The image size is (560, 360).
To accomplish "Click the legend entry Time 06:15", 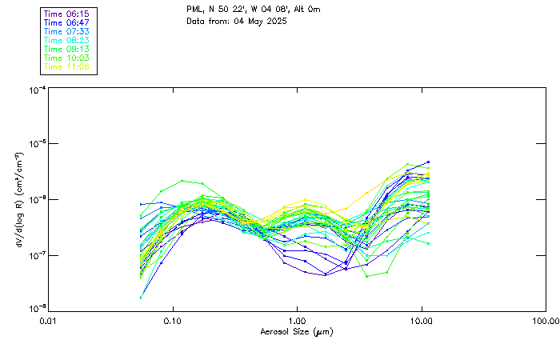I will pyautogui.click(x=67, y=14).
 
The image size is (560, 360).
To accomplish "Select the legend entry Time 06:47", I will pyautogui.click(x=67, y=23).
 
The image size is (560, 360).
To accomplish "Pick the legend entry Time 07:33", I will pyautogui.click(x=67, y=32).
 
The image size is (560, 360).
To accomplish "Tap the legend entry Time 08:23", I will pyautogui.click(x=67, y=41).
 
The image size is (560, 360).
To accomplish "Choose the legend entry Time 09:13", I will pyautogui.click(x=67, y=50).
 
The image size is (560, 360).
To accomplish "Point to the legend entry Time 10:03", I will pyautogui.click(x=67, y=58).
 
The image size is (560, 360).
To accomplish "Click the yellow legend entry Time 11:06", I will pyautogui.click(x=67, y=67).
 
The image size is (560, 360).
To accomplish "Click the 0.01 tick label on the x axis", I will pyautogui.click(x=48, y=322).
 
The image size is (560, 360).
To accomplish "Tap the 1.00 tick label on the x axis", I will pyautogui.click(x=297, y=322).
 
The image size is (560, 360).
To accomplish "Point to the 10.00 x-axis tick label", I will pyautogui.click(x=422, y=322).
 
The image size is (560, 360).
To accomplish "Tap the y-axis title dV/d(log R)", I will pyautogui.click(x=18, y=200).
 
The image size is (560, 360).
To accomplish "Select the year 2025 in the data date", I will pyautogui.click(x=274, y=21).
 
